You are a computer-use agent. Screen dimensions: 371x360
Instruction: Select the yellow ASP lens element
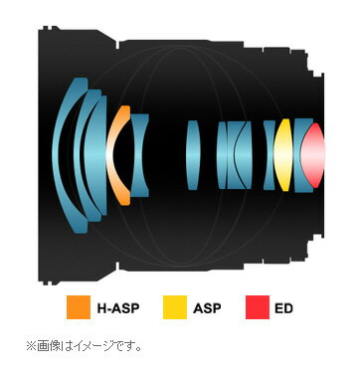click(x=284, y=156)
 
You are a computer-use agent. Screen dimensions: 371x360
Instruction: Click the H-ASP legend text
click(x=114, y=309)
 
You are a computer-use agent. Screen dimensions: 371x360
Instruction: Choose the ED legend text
click(x=283, y=309)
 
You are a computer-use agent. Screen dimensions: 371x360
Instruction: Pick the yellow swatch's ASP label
click(x=206, y=309)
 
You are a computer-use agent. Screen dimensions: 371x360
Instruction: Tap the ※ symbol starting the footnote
click(x=31, y=346)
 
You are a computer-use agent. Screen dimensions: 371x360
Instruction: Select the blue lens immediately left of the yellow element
click(x=270, y=155)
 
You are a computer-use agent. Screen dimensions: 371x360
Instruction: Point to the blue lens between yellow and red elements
click(x=298, y=156)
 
